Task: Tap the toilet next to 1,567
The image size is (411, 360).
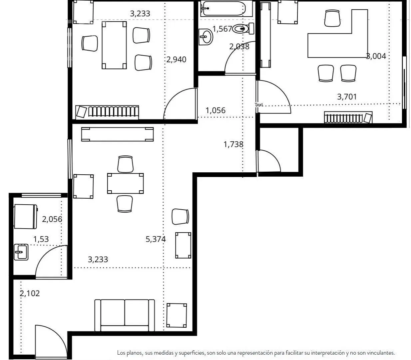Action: (x=243, y=29)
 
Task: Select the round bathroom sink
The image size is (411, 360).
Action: (x=205, y=37)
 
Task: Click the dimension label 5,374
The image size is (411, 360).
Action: (x=156, y=239)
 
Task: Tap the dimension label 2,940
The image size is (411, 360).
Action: (x=176, y=59)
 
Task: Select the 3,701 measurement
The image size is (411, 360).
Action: (x=347, y=97)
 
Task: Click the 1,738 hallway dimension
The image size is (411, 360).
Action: (x=233, y=144)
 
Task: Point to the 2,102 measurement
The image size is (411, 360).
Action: (x=30, y=293)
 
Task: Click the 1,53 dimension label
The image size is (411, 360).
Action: (x=41, y=239)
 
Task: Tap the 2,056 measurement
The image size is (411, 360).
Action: (x=52, y=219)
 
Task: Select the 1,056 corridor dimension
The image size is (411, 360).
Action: (x=215, y=110)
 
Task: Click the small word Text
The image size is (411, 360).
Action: (x=259, y=105)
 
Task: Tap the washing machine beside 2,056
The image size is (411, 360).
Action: (x=26, y=216)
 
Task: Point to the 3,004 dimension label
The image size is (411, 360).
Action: (x=376, y=56)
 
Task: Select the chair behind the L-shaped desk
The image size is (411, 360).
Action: (x=332, y=18)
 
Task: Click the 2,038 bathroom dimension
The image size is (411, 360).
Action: (x=239, y=47)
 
